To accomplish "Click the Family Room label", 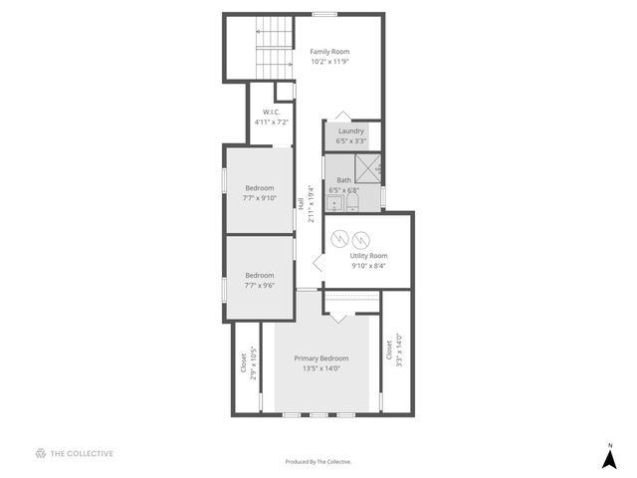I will tap(329, 52).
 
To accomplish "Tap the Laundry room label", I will tap(350, 130).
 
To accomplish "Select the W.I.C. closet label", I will tap(271, 112).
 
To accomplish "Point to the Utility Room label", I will tap(367, 256).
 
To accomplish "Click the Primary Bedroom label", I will tap(320, 358).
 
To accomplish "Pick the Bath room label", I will tap(343, 180).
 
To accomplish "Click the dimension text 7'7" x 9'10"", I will tap(259, 198).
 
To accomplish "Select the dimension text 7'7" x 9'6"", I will tap(259, 286).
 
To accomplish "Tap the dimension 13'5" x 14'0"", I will tap(321, 368).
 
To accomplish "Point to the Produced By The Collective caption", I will tap(318, 462).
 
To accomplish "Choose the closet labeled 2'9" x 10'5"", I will tap(247, 363).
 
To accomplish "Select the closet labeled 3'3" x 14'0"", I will tap(394, 351).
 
